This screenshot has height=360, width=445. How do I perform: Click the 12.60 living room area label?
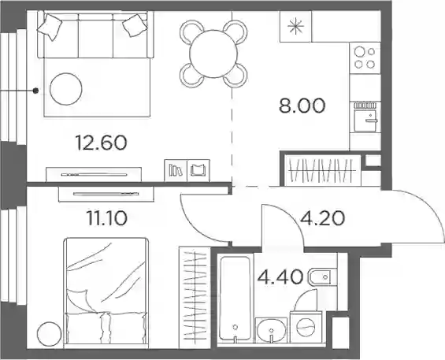click(102, 143)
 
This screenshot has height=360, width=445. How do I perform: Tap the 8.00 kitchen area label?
click(302, 106)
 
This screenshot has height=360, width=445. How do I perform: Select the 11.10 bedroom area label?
click(106, 219)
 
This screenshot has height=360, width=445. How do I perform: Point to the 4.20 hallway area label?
click(323, 218)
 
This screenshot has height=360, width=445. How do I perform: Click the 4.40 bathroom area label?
click(280, 277)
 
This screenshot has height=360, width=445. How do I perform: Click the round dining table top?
click(213, 54)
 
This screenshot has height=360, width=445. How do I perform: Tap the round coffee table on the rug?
click(66, 89)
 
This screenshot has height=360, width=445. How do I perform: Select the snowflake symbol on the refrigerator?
click(295, 27)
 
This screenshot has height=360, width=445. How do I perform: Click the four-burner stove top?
click(365, 58)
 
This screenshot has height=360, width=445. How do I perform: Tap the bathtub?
click(235, 298)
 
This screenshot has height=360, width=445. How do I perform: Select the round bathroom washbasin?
click(271, 330)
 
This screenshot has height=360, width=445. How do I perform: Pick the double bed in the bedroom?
click(106, 293)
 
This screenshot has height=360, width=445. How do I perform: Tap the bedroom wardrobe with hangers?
click(195, 297)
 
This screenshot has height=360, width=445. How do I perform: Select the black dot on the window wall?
click(35, 91)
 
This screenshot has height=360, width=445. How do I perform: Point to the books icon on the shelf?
click(176, 170)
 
